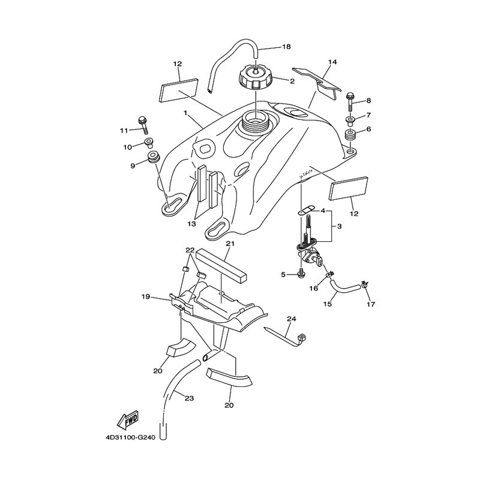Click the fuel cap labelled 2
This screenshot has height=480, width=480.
click(255, 77)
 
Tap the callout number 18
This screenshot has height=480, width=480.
click(286, 47)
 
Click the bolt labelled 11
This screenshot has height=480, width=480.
click(143, 125)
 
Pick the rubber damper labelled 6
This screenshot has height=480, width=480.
click(350, 135)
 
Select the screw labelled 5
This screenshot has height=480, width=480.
click(301, 274)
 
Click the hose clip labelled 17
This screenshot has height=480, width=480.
click(365, 284)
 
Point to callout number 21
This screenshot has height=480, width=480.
click(230, 244)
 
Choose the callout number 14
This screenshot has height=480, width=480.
click(332, 62)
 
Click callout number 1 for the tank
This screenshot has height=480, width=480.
click(185, 113)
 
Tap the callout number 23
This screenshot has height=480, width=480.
click(190, 398)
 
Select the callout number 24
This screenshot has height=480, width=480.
click(292, 319)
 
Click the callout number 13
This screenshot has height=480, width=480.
click(191, 224)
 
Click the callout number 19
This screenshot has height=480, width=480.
click(146, 296)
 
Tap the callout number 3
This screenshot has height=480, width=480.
click(339, 226)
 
